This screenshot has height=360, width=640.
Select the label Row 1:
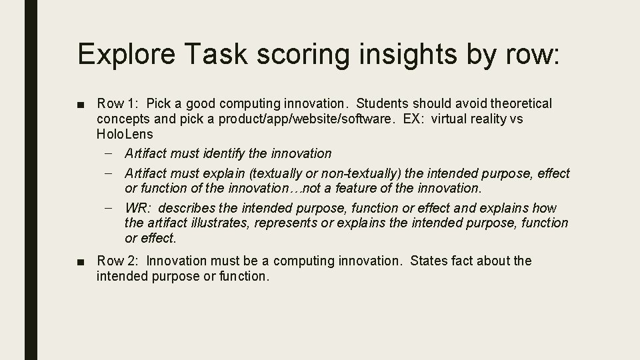click(x=118, y=103)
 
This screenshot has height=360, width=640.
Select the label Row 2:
click(x=118, y=261)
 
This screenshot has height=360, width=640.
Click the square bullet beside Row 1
click(x=81, y=104)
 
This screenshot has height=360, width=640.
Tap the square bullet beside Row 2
click(x=81, y=261)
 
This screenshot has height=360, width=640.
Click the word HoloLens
click(x=124, y=134)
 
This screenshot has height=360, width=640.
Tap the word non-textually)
click(x=359, y=173)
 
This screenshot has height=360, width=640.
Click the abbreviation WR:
click(x=138, y=208)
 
